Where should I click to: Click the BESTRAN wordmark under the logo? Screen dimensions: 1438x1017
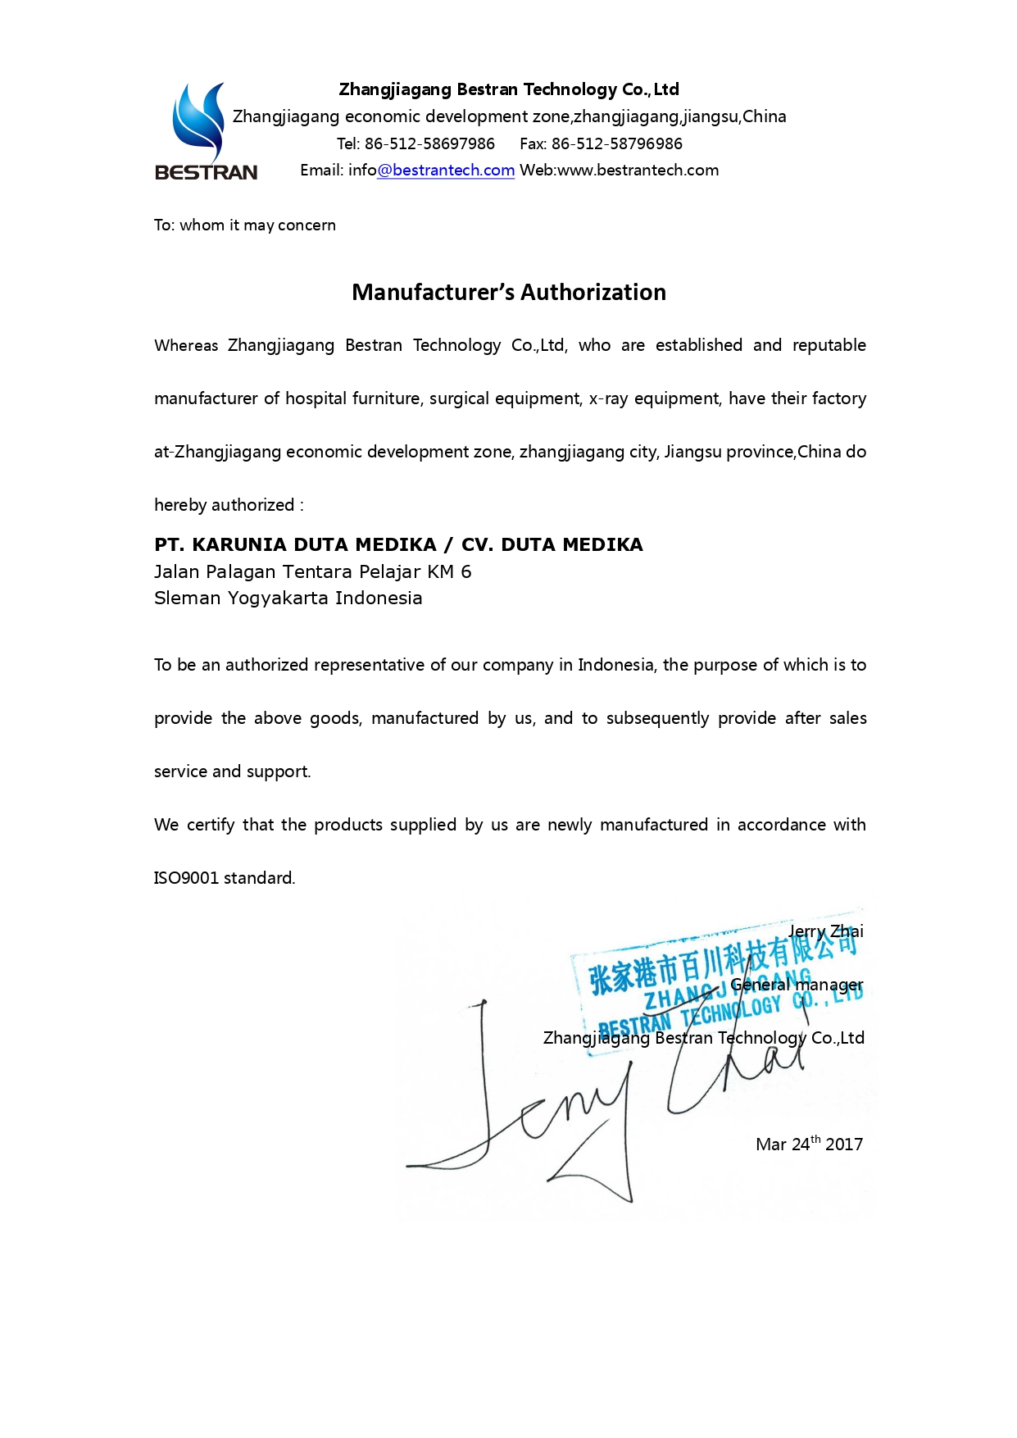206,172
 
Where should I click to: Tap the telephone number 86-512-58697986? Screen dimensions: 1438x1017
429,144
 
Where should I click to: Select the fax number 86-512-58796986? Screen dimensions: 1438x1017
616,144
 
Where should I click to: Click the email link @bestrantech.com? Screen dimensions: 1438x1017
446,171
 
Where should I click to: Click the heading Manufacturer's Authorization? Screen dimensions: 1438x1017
508,293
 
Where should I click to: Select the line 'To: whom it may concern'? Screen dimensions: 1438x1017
244,225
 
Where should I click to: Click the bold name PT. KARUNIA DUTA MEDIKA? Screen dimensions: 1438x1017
295,545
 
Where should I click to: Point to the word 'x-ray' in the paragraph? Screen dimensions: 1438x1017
608,398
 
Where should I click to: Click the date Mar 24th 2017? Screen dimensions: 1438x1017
809,1144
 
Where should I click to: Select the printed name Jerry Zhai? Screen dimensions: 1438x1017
825,931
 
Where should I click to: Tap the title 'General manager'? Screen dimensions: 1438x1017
797,985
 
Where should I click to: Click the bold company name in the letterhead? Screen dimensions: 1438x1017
508,89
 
